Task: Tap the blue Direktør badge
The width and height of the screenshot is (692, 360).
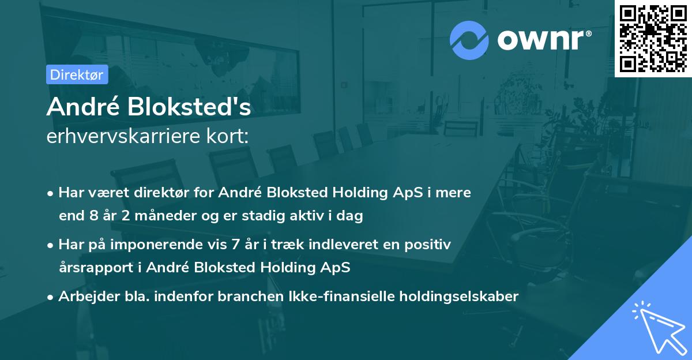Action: click(77, 74)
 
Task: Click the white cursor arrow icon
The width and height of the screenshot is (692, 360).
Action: click(657, 327)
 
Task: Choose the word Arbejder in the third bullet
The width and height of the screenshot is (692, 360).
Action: click(85, 297)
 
